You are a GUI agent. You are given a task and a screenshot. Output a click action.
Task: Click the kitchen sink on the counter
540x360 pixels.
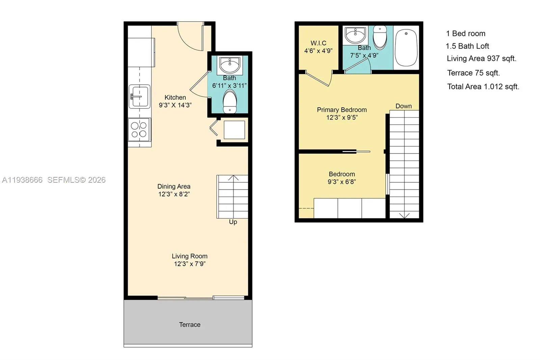139,97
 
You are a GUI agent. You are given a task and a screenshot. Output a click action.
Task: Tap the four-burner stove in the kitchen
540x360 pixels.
139,130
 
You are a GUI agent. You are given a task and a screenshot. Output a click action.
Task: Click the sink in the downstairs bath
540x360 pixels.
230,65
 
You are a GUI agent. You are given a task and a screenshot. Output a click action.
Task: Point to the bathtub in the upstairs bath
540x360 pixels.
406,48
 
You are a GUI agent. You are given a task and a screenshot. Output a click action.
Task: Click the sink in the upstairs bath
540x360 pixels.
355,34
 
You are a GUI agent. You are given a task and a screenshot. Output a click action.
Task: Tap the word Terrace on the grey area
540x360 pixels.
190,325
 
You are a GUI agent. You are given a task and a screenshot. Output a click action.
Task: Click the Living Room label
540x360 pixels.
189,256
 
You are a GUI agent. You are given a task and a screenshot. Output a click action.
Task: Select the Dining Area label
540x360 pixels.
174,186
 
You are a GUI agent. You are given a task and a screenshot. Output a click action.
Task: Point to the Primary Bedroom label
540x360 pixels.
342,110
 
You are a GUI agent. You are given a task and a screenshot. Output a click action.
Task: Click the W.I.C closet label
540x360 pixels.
318,43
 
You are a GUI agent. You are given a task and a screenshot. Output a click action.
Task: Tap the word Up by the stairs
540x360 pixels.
233,222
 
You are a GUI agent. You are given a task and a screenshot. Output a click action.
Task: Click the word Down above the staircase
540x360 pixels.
403,106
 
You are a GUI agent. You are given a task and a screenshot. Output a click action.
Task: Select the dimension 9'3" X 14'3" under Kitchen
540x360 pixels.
175,105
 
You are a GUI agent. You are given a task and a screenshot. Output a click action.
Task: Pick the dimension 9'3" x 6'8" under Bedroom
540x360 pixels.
342,182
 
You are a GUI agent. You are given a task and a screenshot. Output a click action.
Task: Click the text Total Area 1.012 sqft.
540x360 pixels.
483,86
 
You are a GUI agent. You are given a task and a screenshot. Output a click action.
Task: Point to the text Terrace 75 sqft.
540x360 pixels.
473,73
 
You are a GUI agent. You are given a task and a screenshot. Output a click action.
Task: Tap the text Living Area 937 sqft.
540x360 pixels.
481,58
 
